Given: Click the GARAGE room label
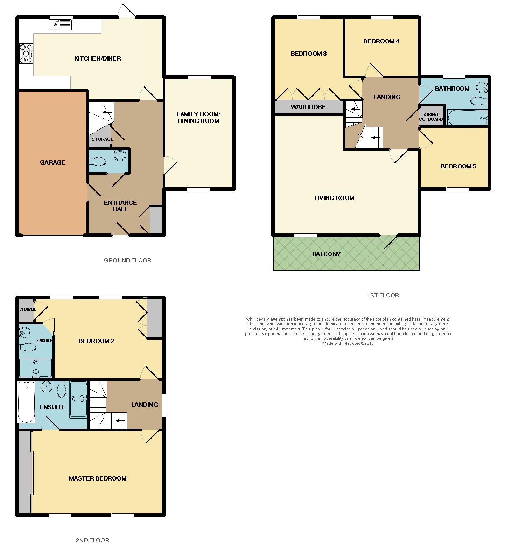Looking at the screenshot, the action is coord(52,162).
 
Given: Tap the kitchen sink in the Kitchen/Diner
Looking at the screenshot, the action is coord(61,25).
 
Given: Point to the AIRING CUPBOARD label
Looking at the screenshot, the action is coord(431,117).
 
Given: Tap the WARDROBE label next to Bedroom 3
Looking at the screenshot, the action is coord(308,107).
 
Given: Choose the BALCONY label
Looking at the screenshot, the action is coord(326,254).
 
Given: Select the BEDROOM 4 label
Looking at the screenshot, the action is coord(381,41).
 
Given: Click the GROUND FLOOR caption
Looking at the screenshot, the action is coord(128,260).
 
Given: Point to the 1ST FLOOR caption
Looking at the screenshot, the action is coord(383,295).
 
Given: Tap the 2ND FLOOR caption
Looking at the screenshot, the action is coord(92,540).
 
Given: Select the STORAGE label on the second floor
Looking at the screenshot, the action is coord(28,309).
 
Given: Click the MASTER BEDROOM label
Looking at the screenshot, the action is coord(98,478).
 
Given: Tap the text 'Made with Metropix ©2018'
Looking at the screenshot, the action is coord(348,343).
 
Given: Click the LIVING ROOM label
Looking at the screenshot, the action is coord(334,198).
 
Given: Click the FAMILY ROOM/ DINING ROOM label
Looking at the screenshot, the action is coord(198,118).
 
